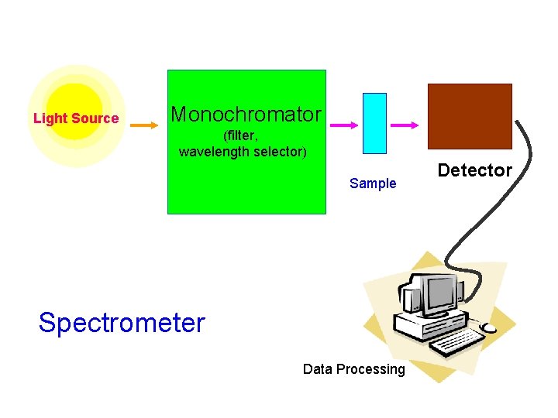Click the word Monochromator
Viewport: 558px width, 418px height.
246,115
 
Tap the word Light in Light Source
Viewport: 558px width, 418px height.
50,118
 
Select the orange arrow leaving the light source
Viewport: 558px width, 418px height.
143,122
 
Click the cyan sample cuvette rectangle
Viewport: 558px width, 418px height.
374,123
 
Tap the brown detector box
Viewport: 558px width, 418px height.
470,115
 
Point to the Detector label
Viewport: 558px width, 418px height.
474,170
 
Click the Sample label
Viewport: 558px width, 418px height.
373,183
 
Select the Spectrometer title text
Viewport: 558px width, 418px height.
122,322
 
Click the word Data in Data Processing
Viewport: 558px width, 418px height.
317,369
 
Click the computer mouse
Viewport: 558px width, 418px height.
490,328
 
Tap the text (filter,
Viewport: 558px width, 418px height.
241,135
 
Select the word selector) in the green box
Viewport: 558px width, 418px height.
283,152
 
